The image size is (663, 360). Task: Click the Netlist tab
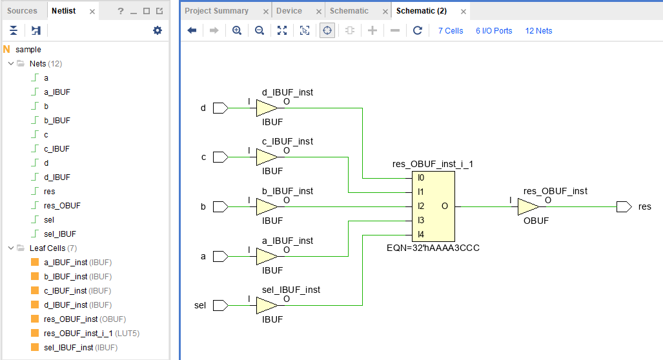click(x=63, y=11)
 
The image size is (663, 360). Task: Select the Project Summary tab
click(x=216, y=11)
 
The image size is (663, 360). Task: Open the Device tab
click(x=289, y=11)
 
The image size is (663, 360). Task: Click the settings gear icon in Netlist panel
click(x=157, y=30)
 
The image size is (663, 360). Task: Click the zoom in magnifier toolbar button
click(x=237, y=30)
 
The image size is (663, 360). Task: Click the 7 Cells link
click(x=450, y=30)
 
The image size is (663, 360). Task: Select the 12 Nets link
click(x=538, y=30)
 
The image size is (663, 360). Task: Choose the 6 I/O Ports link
click(x=494, y=30)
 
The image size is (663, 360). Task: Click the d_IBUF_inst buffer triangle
click(x=266, y=108)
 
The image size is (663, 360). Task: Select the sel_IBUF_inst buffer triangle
click(x=266, y=305)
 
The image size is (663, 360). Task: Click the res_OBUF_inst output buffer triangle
click(x=527, y=206)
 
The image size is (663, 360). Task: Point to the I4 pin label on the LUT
click(x=420, y=234)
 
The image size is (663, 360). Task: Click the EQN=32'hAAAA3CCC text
click(x=432, y=248)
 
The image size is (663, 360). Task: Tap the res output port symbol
click(x=623, y=206)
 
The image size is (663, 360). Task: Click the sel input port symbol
click(x=220, y=305)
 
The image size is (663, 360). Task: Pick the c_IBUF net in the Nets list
click(x=57, y=149)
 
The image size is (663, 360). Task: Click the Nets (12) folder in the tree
click(x=45, y=64)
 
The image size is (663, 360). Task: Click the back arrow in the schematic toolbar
click(x=192, y=30)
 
